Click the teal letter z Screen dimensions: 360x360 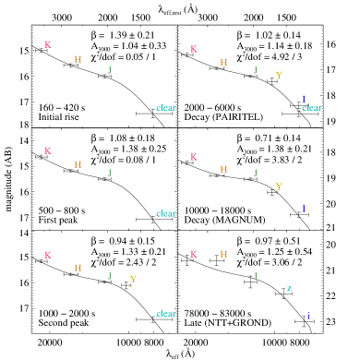[289, 288]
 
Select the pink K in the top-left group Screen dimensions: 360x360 [48, 44]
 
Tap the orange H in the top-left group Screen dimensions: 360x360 [78, 59]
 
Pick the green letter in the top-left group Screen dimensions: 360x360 [109, 70]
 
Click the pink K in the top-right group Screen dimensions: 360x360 [194, 49]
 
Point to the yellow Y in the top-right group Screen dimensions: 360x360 [279, 75]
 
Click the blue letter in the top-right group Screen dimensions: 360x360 [304, 99]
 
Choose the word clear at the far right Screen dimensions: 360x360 [312, 108]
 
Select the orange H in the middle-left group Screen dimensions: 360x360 [78, 164]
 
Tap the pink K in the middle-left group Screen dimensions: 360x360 [48, 150]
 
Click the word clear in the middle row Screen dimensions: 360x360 [166, 213]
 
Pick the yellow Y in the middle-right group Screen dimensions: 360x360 [279, 186]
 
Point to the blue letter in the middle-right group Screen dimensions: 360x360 [304, 208]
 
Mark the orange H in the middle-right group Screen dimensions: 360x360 [223, 169]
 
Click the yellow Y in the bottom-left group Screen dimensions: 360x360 [133, 279]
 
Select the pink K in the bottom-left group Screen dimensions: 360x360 [48, 255]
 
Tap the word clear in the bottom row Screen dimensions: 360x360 [166, 314]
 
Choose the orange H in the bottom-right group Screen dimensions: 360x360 [223, 254]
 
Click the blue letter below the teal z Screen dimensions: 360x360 [308, 316]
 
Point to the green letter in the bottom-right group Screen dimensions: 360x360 [256, 276]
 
